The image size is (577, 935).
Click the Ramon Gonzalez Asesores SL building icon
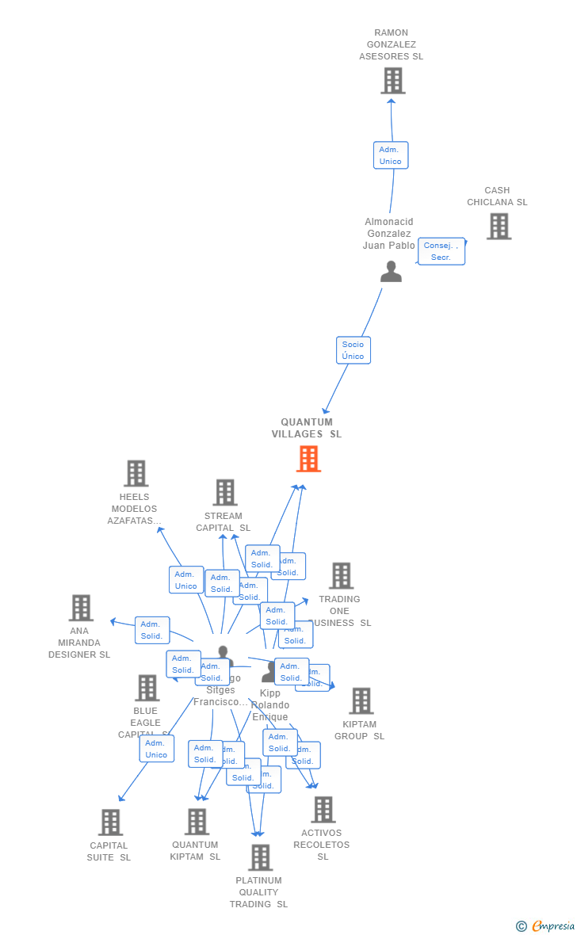click(392, 81)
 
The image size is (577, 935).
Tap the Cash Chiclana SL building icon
click(499, 227)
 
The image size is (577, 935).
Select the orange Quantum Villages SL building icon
click(308, 459)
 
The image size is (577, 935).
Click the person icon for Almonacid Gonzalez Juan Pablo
click(391, 272)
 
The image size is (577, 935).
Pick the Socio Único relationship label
click(353, 350)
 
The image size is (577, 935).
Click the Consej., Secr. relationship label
click(441, 251)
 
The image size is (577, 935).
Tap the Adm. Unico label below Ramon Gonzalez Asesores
click(390, 155)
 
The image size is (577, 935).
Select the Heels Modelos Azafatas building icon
click(136, 474)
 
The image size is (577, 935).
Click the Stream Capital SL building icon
click(225, 492)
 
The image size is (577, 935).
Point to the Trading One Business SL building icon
click(341, 576)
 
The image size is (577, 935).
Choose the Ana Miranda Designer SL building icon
click(81, 608)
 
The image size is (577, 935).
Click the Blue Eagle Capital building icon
click(147, 688)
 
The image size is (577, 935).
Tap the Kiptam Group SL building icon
click(361, 700)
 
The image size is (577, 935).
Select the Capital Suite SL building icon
click(110, 822)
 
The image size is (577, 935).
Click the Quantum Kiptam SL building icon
click(197, 822)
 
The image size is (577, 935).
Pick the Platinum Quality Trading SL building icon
click(260, 857)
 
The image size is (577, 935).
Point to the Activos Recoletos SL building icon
click(323, 810)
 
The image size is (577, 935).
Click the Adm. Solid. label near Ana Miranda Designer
click(152, 630)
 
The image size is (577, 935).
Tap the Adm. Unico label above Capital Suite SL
click(156, 749)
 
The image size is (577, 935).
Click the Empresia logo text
click(552, 925)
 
